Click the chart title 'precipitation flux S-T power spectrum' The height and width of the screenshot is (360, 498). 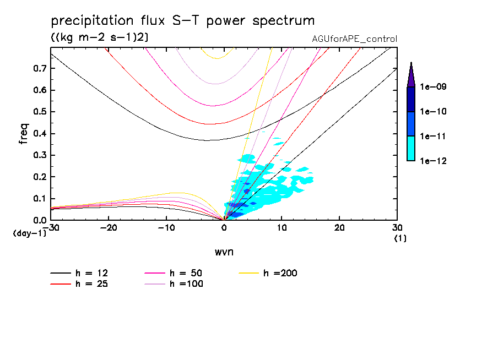coord(182,21)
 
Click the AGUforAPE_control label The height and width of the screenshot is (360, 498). coord(354,39)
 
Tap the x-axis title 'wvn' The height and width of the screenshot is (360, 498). coord(224,252)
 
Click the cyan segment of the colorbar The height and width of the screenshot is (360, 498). coord(411,148)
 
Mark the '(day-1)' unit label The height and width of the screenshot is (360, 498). coord(29,233)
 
